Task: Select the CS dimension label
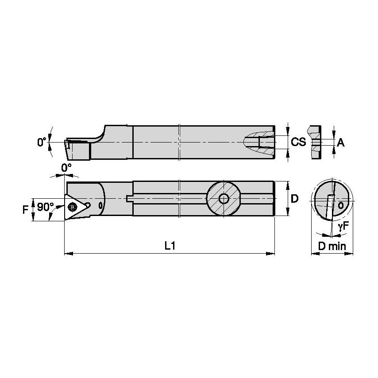(299, 142)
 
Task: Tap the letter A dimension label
(340, 143)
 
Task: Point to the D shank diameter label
(295, 199)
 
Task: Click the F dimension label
(25, 209)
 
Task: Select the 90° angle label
(45, 207)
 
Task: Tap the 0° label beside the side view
(42, 142)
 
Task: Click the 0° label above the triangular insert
(66, 168)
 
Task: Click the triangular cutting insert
(75, 206)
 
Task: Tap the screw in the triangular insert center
(72, 206)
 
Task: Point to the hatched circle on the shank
(224, 199)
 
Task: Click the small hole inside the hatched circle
(224, 199)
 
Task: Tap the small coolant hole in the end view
(340, 205)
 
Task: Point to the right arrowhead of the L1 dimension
(272, 254)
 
